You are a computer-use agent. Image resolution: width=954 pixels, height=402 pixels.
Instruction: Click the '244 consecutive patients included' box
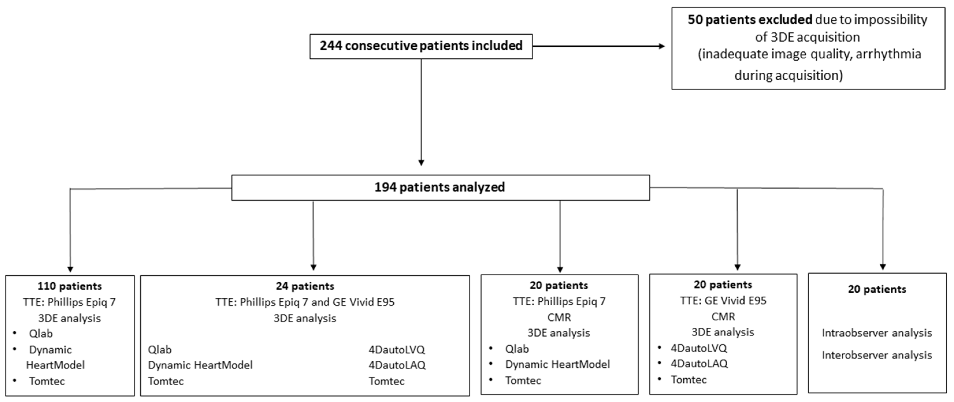421,46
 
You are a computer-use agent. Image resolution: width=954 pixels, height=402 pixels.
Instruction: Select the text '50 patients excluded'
750,20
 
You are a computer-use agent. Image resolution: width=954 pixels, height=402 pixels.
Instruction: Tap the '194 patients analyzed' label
440,187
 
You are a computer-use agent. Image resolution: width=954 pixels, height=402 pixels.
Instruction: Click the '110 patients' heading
70,286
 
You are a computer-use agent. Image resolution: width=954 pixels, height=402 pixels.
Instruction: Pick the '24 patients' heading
305,286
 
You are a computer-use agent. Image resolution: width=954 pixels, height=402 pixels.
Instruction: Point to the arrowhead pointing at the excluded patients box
661,46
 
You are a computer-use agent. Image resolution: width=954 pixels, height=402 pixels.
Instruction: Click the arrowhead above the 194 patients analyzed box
421,162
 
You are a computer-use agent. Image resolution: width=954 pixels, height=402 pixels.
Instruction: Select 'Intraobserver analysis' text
877,333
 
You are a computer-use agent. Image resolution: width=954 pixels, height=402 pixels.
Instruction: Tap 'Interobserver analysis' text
877,355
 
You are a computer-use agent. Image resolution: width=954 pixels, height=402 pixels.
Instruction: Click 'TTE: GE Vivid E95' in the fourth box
723,301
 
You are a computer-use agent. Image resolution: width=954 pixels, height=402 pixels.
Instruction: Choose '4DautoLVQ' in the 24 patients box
397,349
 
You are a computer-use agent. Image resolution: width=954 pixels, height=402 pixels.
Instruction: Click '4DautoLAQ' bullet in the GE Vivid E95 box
699,364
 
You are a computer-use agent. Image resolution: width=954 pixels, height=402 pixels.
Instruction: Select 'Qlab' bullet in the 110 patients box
41,334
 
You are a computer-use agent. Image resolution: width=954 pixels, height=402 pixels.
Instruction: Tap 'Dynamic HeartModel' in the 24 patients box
200,365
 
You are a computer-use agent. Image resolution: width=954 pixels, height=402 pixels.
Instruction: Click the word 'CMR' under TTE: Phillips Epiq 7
559,317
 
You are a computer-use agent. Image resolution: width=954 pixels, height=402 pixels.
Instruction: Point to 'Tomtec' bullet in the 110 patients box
47,381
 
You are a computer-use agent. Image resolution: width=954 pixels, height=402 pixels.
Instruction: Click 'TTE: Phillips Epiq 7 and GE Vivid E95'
305,302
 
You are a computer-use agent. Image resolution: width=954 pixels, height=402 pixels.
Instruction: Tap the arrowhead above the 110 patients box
70,269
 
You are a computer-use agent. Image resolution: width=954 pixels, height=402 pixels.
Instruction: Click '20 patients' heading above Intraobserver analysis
877,289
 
